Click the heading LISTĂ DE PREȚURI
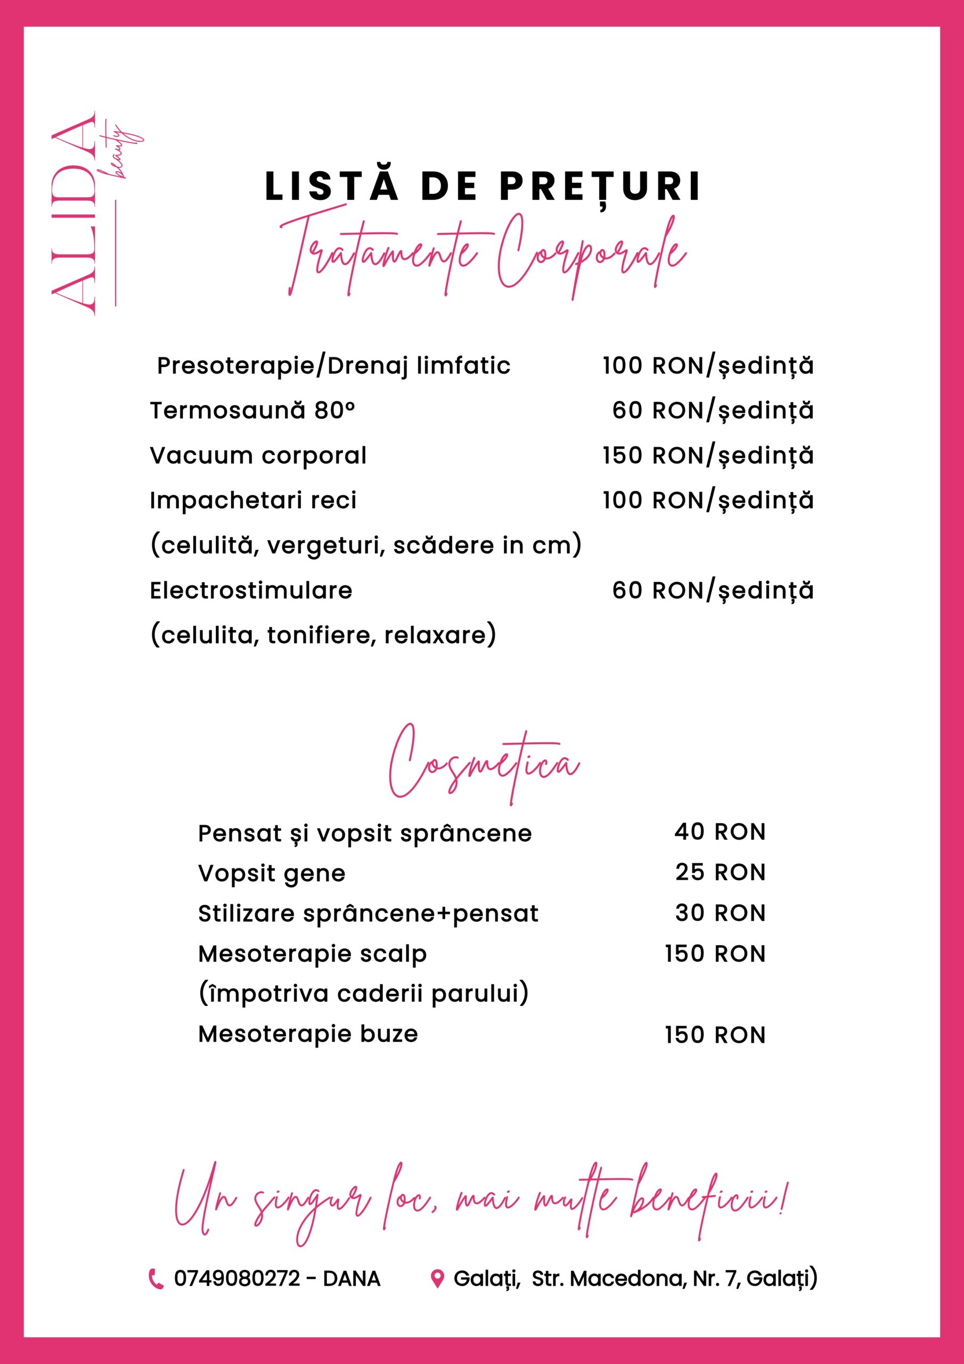(483, 186)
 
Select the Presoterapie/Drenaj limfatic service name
(333, 366)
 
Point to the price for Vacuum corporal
(707, 456)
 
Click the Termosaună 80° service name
(252, 410)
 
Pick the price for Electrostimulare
(712, 590)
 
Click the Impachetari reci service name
(253, 500)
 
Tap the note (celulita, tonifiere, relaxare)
(323, 635)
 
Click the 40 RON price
(720, 832)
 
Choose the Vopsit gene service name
(272, 874)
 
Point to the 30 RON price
(720, 913)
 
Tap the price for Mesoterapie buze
(715, 1035)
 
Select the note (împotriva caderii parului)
(363, 993)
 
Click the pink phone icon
(156, 1279)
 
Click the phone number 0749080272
(237, 1279)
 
